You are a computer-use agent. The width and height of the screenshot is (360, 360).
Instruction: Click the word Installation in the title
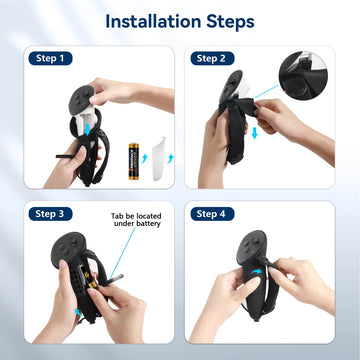148,20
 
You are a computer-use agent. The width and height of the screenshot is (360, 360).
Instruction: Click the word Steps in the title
227,20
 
